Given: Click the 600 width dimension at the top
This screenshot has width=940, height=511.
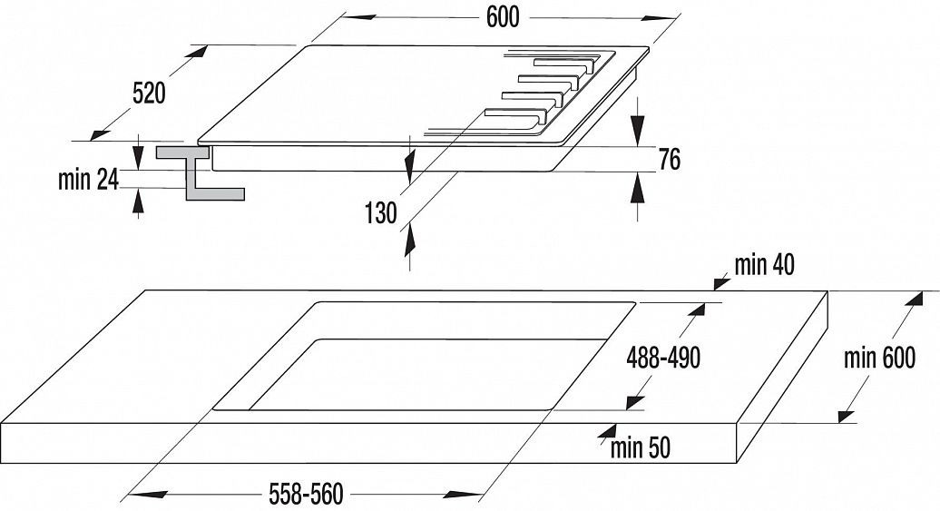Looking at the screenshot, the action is pyautogui.click(x=503, y=17).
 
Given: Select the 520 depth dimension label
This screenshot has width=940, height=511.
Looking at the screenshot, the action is pyautogui.click(x=148, y=93).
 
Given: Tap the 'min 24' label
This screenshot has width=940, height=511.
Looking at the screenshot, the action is pyautogui.click(x=88, y=180).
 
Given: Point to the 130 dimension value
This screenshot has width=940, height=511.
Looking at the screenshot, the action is pyautogui.click(x=381, y=212).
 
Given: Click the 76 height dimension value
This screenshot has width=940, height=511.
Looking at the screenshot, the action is pyautogui.click(x=670, y=160).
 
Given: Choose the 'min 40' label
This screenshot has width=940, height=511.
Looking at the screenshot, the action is pyautogui.click(x=764, y=264).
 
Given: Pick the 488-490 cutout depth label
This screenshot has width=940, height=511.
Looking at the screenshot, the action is pyautogui.click(x=663, y=358).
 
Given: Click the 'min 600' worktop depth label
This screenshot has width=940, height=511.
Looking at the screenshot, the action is pyautogui.click(x=879, y=358).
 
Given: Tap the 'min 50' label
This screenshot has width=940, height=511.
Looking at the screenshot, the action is pyautogui.click(x=641, y=447).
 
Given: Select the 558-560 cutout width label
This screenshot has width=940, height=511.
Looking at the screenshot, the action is pyautogui.click(x=307, y=495).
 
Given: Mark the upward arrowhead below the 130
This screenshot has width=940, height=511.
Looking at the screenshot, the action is pyautogui.click(x=411, y=239).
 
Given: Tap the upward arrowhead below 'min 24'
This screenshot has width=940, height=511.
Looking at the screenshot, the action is pyautogui.click(x=139, y=201).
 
